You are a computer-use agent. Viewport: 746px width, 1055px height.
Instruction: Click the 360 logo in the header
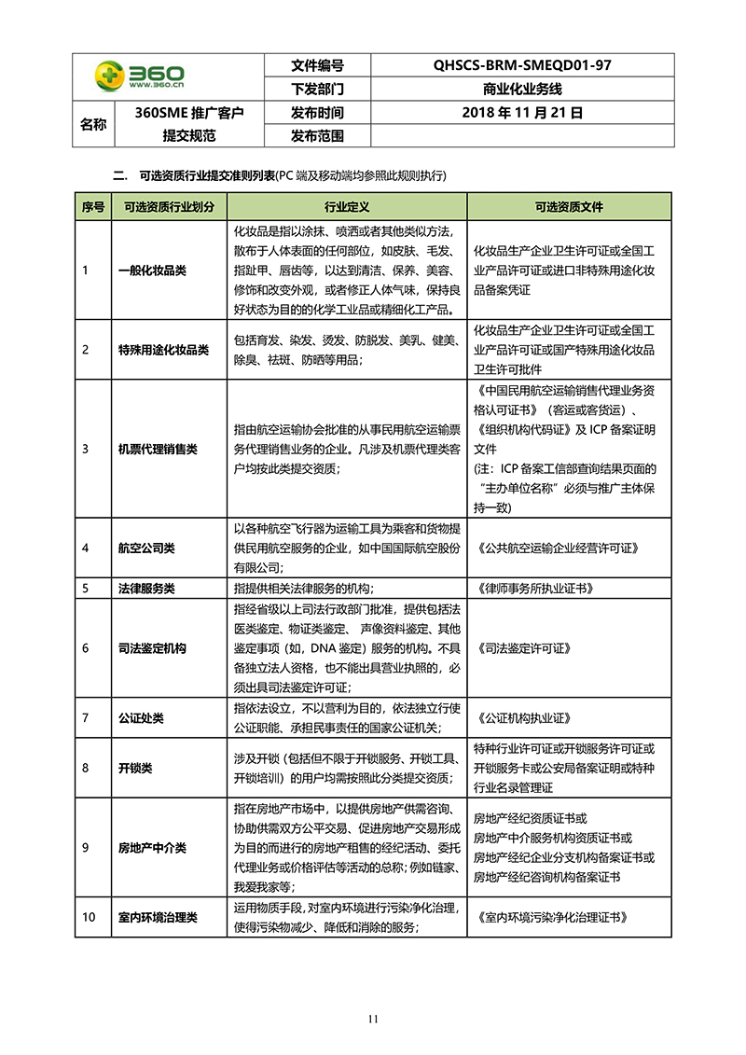tap(140, 76)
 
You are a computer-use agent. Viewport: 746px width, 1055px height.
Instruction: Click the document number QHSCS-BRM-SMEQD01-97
tap(522, 65)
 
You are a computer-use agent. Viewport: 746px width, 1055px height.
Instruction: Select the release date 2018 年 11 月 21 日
tap(522, 113)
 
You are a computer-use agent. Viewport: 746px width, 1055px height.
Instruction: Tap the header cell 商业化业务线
tap(522, 90)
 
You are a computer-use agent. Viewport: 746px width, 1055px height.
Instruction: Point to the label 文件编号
tap(317, 65)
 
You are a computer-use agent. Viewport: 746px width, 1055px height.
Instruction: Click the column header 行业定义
tap(347, 206)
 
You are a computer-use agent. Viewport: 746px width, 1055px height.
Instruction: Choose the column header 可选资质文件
tap(569, 206)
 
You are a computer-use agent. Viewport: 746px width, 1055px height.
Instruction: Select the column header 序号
tap(93, 206)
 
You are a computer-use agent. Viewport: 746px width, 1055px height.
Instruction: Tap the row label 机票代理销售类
tap(158, 449)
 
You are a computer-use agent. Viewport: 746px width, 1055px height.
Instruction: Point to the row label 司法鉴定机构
tap(152, 647)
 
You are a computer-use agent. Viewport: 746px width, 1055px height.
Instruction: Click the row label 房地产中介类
tap(152, 848)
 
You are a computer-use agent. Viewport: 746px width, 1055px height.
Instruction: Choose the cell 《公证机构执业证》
tap(522, 718)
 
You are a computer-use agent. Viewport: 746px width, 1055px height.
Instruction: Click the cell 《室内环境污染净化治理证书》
tap(550, 917)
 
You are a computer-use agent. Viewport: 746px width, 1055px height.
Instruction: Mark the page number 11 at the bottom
tap(373, 1019)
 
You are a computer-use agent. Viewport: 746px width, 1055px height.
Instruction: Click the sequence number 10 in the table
tap(90, 917)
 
